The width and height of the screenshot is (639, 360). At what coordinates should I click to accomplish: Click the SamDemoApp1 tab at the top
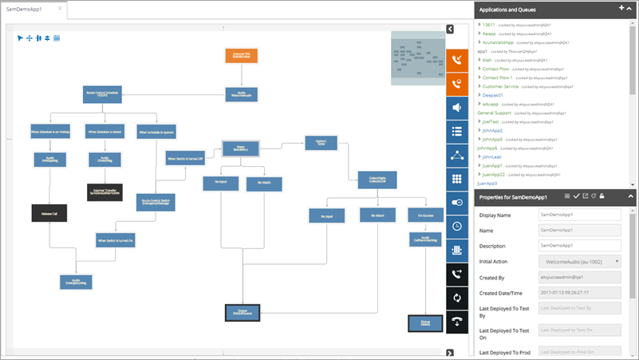click(30, 10)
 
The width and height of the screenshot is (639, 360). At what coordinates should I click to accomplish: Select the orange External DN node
click(241, 57)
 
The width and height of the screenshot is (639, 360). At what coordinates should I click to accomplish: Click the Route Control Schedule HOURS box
click(101, 93)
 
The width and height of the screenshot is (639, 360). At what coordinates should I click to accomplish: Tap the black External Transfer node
click(105, 192)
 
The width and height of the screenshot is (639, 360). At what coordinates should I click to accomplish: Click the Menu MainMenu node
click(240, 149)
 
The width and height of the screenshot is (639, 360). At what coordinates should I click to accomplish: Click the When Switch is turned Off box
click(185, 159)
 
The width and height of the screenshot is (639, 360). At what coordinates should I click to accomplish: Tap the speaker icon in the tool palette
click(457, 109)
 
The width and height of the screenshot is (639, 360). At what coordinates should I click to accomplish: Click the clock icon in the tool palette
click(457, 226)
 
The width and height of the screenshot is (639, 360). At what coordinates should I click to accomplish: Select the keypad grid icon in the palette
click(457, 180)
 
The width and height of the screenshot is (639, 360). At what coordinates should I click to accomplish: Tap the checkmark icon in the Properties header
click(576, 196)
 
